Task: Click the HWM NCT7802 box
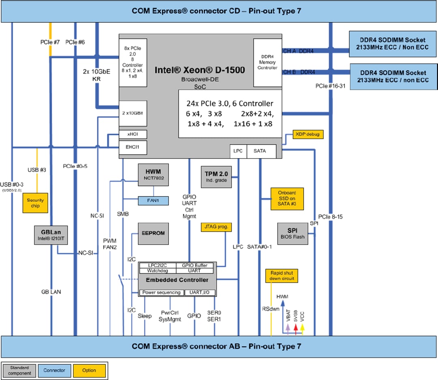pos(153,175)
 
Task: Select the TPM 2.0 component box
pos(217,176)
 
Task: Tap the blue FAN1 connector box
pos(152,200)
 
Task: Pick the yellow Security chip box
pos(35,203)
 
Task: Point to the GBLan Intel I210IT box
pos(50,235)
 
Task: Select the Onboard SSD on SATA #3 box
pos(287,198)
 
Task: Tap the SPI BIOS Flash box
pos(292,233)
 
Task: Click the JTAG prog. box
pos(216,228)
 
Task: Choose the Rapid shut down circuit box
pos(281,276)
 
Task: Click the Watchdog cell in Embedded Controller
pos(157,271)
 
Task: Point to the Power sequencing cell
pos(161,292)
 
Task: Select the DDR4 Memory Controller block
pos(267,62)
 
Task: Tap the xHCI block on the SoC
pos(132,134)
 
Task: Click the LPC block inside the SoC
pos(238,151)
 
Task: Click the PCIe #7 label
pos(50,42)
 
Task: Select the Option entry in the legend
pos(89,370)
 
